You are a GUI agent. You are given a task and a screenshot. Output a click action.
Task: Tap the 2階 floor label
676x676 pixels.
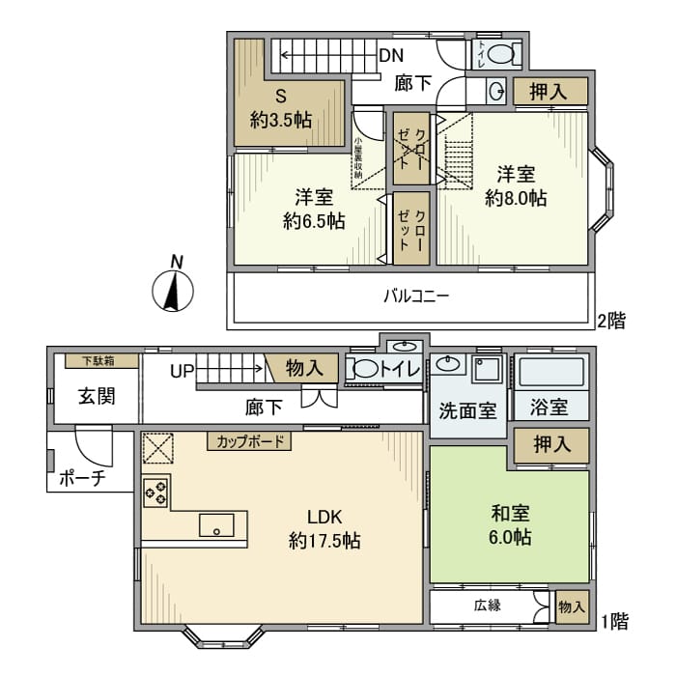[x=611, y=321]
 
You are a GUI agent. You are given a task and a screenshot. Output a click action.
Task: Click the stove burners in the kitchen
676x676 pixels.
[x=155, y=492]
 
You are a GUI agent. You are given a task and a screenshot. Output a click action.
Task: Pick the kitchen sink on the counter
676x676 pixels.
[x=216, y=525]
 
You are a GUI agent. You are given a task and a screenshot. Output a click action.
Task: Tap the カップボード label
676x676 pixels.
[x=249, y=442]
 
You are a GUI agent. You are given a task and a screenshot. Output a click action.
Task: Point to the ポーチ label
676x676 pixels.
[x=82, y=476]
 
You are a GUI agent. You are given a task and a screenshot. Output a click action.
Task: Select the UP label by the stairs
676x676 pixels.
[x=183, y=370]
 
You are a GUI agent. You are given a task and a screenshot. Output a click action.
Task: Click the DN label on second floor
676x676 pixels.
[x=390, y=55]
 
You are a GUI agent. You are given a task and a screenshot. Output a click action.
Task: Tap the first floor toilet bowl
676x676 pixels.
[x=364, y=369]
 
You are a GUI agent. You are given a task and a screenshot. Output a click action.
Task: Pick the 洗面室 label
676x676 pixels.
[x=467, y=409]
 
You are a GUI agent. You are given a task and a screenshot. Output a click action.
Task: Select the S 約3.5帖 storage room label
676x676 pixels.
[x=281, y=109]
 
